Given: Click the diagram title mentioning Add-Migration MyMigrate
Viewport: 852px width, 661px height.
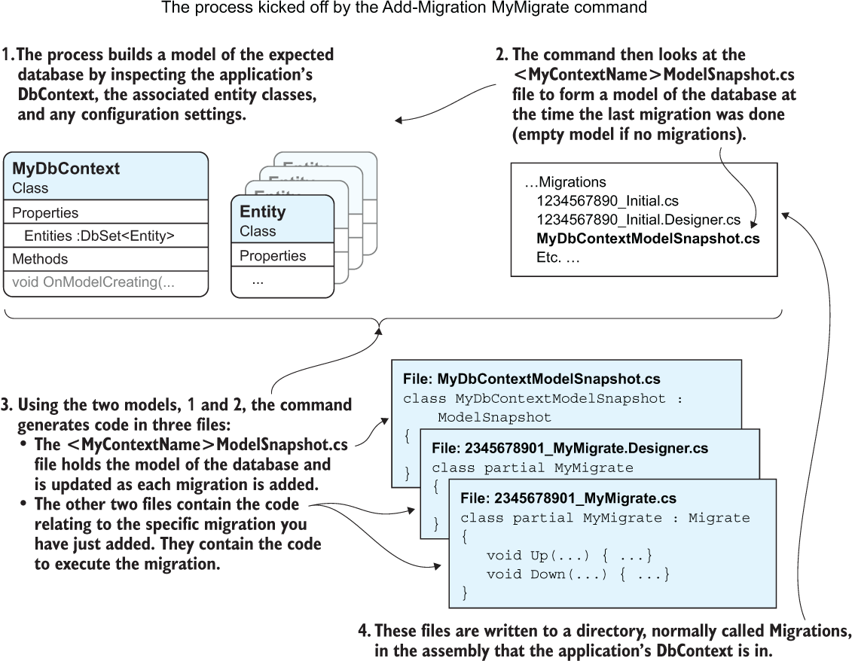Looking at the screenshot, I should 404,9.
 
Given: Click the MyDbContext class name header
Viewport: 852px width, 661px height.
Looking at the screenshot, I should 66,169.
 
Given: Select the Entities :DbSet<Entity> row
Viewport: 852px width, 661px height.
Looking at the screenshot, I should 99,236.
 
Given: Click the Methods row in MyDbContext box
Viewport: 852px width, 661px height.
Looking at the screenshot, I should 40,259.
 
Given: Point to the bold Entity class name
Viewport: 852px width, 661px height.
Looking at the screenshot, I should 262,212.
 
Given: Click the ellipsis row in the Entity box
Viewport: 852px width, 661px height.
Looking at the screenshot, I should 258,281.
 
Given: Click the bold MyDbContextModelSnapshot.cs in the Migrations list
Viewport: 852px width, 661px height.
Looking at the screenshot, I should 647,239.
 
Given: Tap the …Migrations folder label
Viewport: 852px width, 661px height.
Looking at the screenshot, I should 565,182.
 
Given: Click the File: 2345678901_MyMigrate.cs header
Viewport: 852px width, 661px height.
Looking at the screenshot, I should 568,498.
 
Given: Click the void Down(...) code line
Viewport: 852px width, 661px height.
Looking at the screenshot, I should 578,574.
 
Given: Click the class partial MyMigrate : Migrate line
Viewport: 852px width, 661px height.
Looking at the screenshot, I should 605,518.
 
